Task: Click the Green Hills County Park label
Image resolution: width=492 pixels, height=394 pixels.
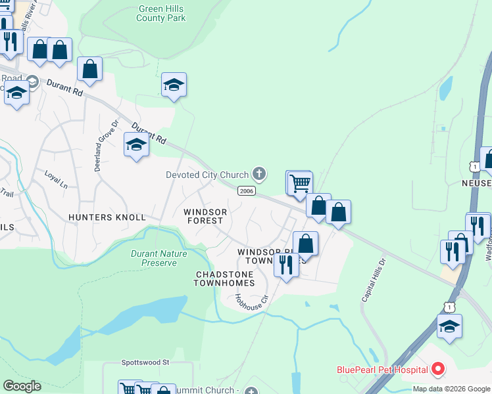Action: pos(161,13)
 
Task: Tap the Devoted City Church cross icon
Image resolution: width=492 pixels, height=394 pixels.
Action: pos(259,174)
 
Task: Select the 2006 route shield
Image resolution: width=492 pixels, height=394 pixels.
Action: pos(246,191)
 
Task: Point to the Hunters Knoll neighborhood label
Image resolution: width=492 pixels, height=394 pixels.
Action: pos(105,217)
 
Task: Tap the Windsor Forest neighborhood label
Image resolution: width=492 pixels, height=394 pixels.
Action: pos(205,216)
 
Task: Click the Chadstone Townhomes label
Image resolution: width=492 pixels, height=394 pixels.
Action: pos(224,278)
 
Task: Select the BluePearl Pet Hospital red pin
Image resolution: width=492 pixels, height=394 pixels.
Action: pos(438,370)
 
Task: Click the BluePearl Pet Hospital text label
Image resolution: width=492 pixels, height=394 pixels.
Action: pos(382,370)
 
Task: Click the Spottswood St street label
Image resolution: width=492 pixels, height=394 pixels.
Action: pos(145,362)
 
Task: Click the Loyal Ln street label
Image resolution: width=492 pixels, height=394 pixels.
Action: pos(56,179)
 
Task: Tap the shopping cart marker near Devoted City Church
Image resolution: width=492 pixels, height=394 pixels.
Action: pos(299,182)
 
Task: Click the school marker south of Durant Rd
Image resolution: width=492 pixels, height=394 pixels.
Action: pos(136,144)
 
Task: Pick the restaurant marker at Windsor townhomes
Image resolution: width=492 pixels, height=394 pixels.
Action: pos(285,265)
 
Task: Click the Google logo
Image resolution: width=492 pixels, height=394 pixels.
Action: pos(22,386)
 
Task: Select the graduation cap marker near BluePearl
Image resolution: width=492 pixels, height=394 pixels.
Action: pos(449,326)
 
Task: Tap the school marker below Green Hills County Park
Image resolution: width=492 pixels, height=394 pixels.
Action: pos(174,85)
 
